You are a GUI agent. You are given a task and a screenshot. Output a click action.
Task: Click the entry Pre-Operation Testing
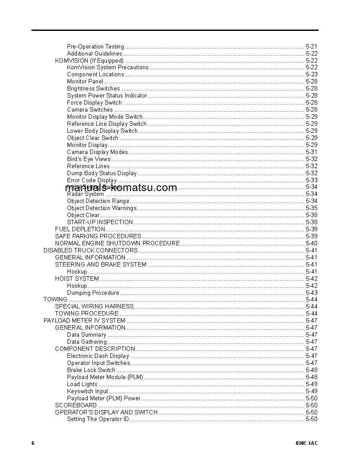coord(95,46)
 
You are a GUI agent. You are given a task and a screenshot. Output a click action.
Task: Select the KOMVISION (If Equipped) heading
coord(89,60)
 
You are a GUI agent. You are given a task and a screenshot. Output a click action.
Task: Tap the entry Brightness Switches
coord(93,89)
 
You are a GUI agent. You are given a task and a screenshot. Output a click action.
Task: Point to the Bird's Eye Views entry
coord(89,159)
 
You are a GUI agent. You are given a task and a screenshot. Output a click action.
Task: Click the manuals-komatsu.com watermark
coord(121,188)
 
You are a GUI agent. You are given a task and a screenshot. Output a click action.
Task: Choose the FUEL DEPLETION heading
coord(80,229)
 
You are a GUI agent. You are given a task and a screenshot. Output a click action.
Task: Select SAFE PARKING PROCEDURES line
coord(98,236)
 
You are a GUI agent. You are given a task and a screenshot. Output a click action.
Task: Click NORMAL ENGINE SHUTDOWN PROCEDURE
coord(117,243)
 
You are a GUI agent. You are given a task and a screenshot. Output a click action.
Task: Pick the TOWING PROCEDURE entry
coord(86,314)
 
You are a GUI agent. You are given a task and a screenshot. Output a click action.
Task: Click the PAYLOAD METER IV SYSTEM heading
coord(84,321)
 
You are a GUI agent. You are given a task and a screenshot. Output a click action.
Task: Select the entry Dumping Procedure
coord(93,293)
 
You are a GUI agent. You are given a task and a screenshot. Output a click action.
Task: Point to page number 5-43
coord(311,293)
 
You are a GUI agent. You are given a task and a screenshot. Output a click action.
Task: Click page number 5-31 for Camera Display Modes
coord(311,152)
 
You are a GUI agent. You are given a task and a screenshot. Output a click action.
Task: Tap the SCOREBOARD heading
coord(75,405)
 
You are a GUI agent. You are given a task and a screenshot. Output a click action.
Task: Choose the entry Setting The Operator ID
coord(98,419)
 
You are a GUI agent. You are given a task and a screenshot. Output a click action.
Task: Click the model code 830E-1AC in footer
coord(307,443)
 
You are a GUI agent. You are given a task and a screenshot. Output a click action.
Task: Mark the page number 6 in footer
coord(33,443)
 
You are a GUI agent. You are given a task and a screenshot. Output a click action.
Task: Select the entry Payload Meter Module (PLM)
coord(105,377)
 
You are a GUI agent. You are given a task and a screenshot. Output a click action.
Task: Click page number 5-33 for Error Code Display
coord(311,180)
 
